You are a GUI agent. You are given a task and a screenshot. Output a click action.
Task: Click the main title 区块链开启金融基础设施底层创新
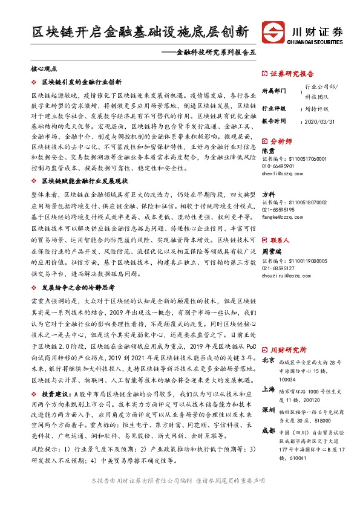140,32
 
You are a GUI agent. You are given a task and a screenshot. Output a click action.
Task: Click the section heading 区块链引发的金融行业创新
81,82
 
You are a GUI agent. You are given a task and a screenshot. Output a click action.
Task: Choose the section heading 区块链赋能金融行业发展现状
84,181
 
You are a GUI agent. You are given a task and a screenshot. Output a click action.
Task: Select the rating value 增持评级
316,109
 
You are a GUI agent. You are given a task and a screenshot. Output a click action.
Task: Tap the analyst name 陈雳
267,151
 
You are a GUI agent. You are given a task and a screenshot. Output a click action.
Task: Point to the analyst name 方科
267,195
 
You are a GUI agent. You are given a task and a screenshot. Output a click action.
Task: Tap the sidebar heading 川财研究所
287,349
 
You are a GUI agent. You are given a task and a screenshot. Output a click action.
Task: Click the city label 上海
268,391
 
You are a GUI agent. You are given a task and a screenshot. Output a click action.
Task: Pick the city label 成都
268,447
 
